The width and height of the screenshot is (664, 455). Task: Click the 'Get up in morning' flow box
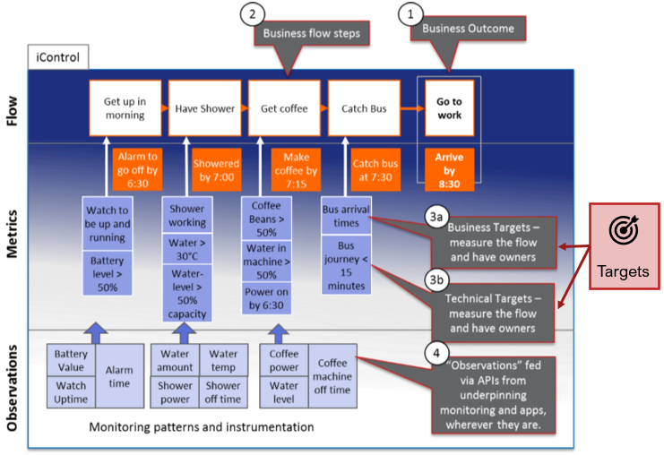click(x=124, y=108)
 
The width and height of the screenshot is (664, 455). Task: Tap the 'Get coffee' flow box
click(x=283, y=108)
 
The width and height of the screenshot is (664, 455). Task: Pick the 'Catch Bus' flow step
click(x=364, y=108)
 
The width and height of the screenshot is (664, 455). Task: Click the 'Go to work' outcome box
click(x=449, y=108)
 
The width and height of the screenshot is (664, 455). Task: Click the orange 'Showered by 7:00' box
click(x=216, y=169)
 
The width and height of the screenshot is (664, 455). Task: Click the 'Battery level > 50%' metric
click(x=108, y=273)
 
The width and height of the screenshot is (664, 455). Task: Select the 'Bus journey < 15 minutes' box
click(x=345, y=265)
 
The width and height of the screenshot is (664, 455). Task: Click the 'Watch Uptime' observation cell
click(x=70, y=391)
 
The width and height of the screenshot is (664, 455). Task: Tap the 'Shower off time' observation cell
click(x=221, y=391)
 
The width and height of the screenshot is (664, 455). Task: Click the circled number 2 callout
click(x=254, y=13)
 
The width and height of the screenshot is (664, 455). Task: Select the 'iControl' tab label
click(x=57, y=58)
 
